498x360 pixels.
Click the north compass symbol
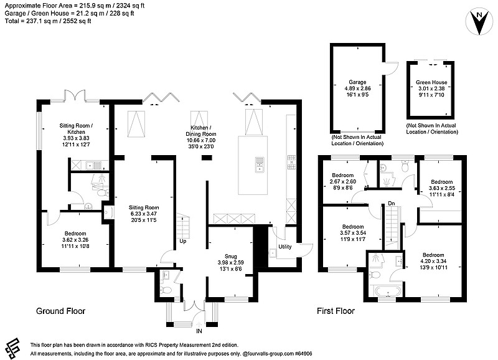click(x=477, y=22)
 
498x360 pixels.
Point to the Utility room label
click(x=285, y=247)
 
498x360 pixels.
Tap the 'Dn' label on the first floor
click(x=390, y=204)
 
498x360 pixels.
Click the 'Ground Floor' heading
click(x=60, y=311)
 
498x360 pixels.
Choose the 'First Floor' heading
click(x=336, y=311)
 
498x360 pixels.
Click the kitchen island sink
click(x=258, y=164)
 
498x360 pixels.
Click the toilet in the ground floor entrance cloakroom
click(x=166, y=290)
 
